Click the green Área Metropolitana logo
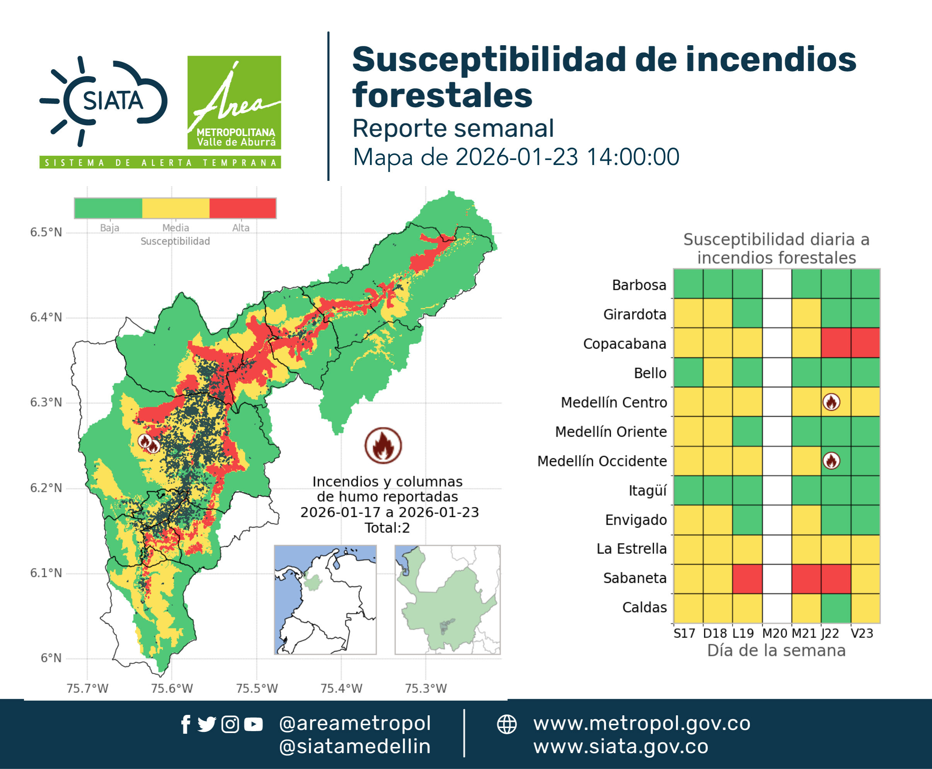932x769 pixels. coord(234,102)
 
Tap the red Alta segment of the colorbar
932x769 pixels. coord(242,208)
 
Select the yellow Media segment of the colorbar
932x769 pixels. coord(175,208)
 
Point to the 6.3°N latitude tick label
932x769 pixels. coord(46,402)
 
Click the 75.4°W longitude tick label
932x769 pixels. coord(341,688)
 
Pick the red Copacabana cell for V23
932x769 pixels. coord(865,343)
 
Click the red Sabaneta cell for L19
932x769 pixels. coord(747,578)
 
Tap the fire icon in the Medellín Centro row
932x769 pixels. coord(831,402)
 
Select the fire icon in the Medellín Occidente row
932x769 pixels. coord(831,461)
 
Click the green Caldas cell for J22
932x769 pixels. coord(836,608)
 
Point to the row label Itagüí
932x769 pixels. coord(647,491)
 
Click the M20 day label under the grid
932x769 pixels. coord(775,633)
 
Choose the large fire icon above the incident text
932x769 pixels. coord(383,445)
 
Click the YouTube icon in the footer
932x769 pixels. coord(253,724)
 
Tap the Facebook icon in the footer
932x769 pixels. coord(186,724)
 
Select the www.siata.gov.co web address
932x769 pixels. coord(621,747)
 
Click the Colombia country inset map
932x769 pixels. coord(325,600)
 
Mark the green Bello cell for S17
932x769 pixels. coord(688,373)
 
